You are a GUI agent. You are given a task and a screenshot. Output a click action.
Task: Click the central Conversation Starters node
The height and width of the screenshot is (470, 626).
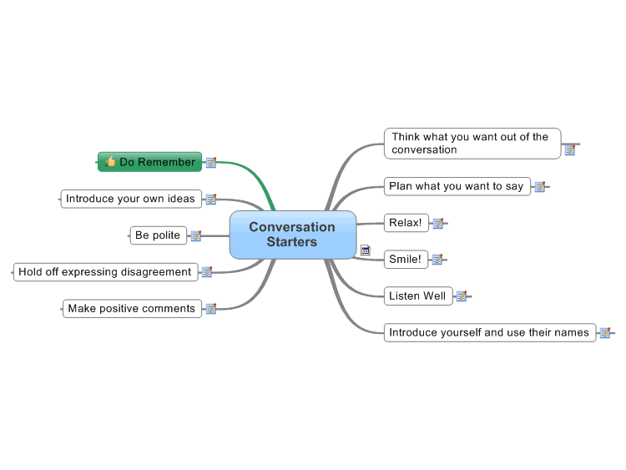293,235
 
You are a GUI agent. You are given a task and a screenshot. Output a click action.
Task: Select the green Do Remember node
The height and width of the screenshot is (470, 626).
149,162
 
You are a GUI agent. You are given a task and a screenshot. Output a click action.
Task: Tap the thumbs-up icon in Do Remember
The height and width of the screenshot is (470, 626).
110,161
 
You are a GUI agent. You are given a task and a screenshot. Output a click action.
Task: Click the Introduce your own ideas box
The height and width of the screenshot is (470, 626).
131,199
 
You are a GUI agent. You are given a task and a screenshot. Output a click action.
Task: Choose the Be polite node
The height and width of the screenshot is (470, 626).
158,235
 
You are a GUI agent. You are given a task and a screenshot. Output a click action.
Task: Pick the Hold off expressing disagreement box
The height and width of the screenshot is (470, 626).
105,272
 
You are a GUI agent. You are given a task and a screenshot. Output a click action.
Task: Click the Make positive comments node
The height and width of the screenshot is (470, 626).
132,309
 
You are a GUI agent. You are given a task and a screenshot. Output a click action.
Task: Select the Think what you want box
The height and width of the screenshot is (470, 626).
472,144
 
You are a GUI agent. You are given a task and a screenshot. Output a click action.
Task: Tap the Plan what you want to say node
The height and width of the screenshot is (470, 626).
457,186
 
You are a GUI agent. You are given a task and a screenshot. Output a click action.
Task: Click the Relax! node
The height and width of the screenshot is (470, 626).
406,223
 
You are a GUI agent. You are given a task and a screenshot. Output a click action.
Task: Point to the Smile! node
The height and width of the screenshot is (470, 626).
406,259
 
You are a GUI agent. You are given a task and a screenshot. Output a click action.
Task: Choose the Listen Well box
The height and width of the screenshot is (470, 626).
418,296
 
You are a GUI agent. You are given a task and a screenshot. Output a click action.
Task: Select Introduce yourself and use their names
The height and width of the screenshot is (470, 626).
490,332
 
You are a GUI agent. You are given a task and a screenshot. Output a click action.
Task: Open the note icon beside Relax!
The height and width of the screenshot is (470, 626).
438,223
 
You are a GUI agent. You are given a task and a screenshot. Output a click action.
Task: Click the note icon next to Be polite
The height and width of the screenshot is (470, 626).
196,236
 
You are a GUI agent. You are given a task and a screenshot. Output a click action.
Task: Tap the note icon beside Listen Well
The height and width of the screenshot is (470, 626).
462,296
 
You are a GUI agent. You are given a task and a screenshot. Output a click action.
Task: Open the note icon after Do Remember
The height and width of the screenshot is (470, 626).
211,163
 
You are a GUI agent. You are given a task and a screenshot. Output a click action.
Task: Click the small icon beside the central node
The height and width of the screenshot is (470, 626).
366,250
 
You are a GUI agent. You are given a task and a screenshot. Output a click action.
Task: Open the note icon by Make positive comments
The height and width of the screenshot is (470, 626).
211,309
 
